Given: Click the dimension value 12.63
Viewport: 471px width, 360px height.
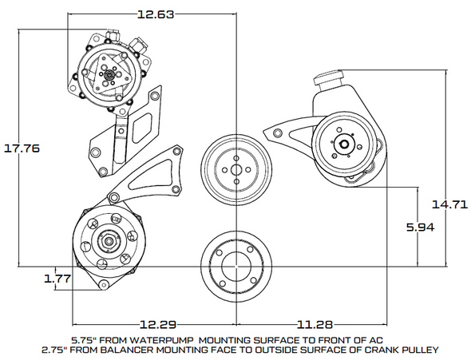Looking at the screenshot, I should pos(156,14).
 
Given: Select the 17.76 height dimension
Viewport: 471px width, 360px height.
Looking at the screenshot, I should pos(22,148).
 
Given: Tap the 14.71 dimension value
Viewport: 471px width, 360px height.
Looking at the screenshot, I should pos(449,204).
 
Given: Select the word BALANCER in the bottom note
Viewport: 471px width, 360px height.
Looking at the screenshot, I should pos(133,350).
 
